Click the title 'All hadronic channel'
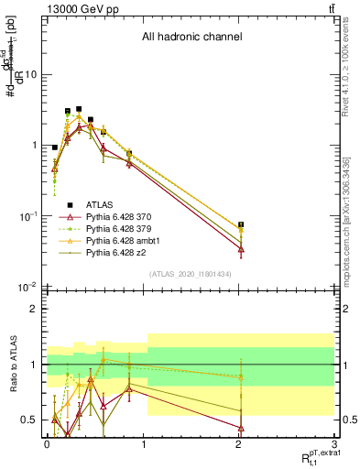pos(191,38)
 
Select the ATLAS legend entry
pos(100,204)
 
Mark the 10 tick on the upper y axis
pos(30,74)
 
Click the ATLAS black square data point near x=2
pos(241,224)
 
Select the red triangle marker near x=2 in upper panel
pos(241,249)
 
